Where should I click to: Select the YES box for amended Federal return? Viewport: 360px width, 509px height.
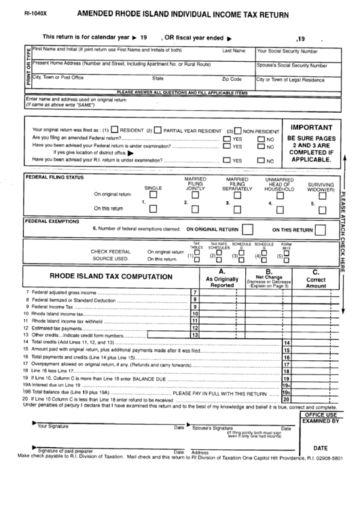[x=227, y=138]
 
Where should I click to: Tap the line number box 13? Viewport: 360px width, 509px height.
[x=194, y=334]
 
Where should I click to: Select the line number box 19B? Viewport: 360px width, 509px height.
[x=287, y=393]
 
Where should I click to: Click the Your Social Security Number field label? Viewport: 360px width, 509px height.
[x=287, y=51]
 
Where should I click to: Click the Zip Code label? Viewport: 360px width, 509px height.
[x=232, y=79]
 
